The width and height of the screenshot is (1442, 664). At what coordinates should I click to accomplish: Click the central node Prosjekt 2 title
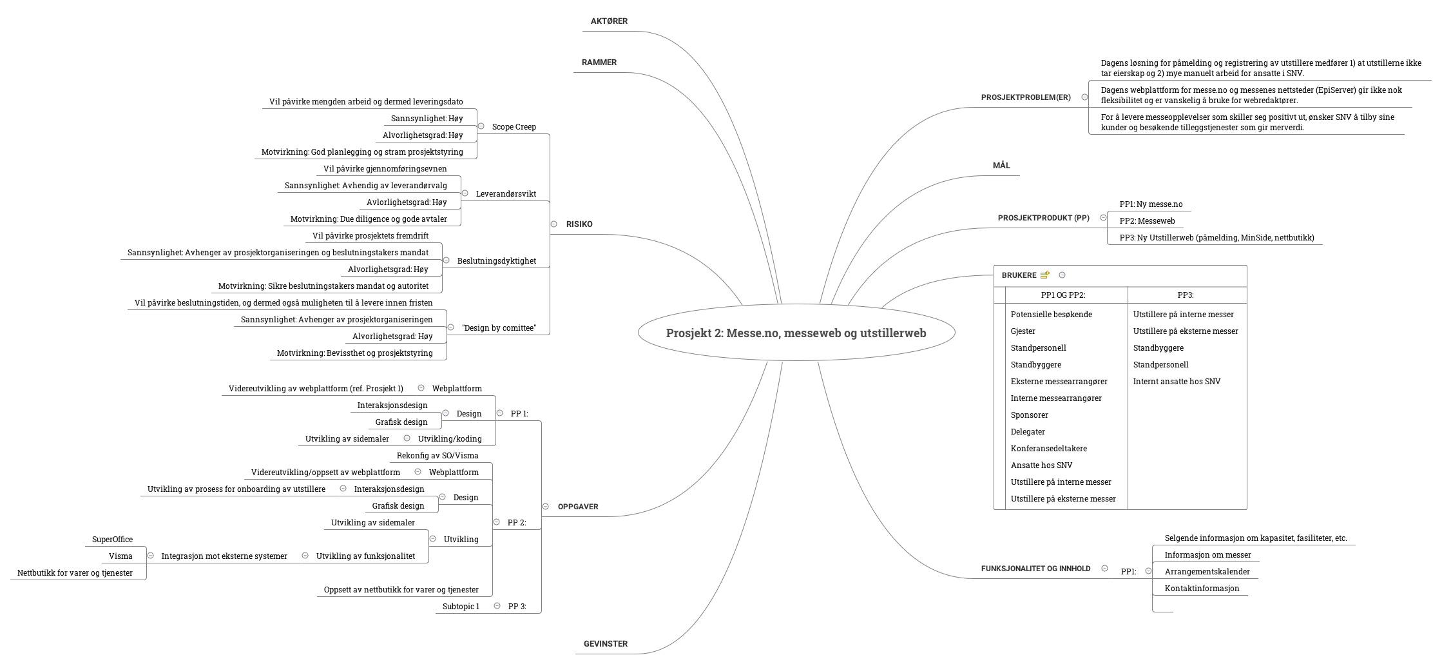click(796, 333)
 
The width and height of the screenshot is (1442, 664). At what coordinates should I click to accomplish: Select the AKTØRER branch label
click(609, 21)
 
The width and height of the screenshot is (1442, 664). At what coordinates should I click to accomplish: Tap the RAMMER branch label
click(599, 63)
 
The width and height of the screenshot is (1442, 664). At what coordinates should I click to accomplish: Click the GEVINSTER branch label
click(605, 644)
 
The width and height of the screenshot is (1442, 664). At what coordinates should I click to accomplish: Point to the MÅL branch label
click(1001, 166)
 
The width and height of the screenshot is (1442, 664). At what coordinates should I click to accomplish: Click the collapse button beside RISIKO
click(553, 224)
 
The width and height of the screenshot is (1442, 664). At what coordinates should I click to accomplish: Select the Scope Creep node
click(514, 127)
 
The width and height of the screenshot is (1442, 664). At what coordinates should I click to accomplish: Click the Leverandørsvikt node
click(505, 194)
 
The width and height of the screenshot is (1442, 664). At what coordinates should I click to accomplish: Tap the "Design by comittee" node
click(499, 328)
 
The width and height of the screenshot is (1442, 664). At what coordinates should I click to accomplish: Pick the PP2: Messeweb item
click(1147, 221)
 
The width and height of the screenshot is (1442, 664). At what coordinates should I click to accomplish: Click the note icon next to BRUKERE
click(1044, 275)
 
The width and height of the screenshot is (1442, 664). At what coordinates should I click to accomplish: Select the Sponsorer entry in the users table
click(1029, 415)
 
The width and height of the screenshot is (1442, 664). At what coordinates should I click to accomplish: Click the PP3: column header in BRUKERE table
click(1186, 295)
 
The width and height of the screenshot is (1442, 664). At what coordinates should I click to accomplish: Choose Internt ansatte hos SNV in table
click(1177, 382)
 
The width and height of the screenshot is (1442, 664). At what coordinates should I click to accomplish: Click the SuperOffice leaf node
click(112, 540)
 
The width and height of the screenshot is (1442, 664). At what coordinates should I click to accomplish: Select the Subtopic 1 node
click(461, 607)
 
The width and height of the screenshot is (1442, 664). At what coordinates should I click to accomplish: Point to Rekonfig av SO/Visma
click(437, 456)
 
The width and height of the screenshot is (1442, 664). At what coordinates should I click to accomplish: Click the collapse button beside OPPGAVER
click(545, 507)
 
